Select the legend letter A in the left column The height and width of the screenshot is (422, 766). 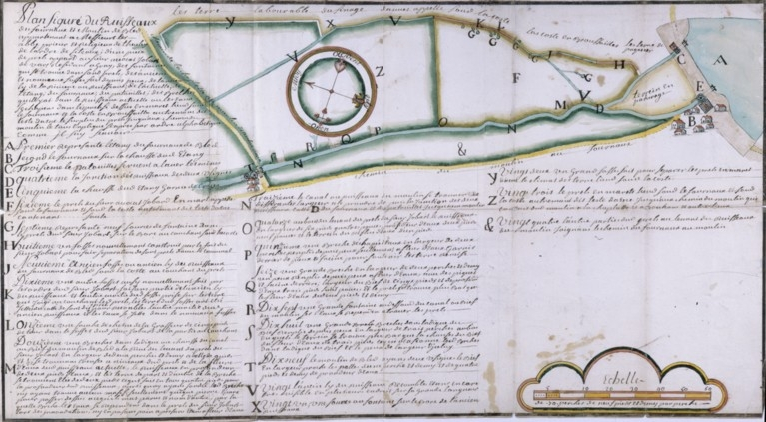tap(9, 147)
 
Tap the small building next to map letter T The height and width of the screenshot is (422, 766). tap(251, 177)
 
